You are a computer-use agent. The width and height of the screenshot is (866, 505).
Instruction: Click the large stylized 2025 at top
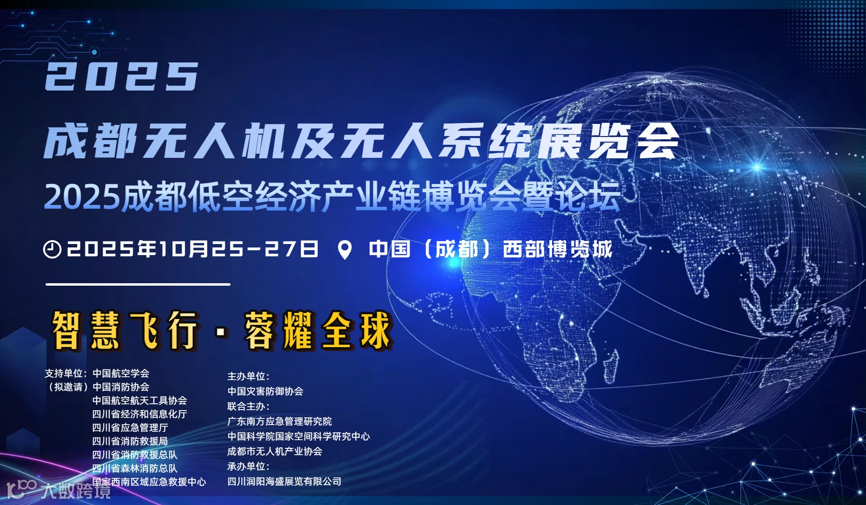tap(121, 77)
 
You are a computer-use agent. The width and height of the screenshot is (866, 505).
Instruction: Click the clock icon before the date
tap(52, 249)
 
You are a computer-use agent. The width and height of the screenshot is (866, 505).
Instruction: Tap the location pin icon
tap(344, 250)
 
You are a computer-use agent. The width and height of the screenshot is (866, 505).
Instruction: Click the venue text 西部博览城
tap(557, 249)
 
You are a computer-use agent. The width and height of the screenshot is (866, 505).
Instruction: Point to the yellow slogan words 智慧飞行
tap(125, 331)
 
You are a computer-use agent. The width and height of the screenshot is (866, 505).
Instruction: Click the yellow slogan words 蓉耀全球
tap(318, 331)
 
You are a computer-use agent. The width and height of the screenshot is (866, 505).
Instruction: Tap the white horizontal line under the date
tap(138, 285)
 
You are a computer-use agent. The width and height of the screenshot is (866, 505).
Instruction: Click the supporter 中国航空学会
tap(121, 373)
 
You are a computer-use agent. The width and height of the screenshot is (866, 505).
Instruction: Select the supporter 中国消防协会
tap(121, 387)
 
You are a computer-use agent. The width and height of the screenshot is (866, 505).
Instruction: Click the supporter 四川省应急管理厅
tap(130, 428)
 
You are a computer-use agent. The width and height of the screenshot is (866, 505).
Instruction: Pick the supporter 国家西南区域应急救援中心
tap(149, 482)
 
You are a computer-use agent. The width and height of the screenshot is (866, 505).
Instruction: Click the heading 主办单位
tap(248, 376)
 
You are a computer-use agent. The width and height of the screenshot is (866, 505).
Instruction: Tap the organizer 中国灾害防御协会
tap(265, 391)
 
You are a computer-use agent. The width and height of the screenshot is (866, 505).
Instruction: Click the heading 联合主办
tap(248, 406)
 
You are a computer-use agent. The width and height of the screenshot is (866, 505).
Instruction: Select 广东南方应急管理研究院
tap(279, 421)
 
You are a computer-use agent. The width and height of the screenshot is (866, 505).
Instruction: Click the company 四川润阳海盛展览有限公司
tap(284, 481)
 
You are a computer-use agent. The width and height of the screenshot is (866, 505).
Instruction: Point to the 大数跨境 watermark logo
tap(58, 490)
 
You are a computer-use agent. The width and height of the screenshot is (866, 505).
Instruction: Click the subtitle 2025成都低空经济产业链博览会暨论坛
tap(332, 197)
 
